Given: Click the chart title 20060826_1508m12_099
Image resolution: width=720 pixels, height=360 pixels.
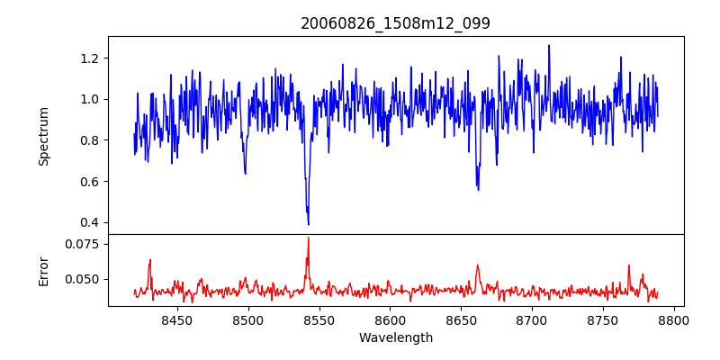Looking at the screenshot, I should pos(395,23).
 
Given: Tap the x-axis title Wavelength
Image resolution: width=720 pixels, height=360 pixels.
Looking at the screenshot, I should pos(395,337).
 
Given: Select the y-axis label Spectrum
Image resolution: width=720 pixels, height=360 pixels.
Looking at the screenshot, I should pos(43,136).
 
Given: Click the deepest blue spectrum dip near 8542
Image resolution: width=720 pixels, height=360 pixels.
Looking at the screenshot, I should pos(308,224).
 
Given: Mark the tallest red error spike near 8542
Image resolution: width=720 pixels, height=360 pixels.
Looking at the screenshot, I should pos(308,238).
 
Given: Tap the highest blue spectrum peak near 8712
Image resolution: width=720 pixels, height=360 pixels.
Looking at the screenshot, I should pos(548,45).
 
